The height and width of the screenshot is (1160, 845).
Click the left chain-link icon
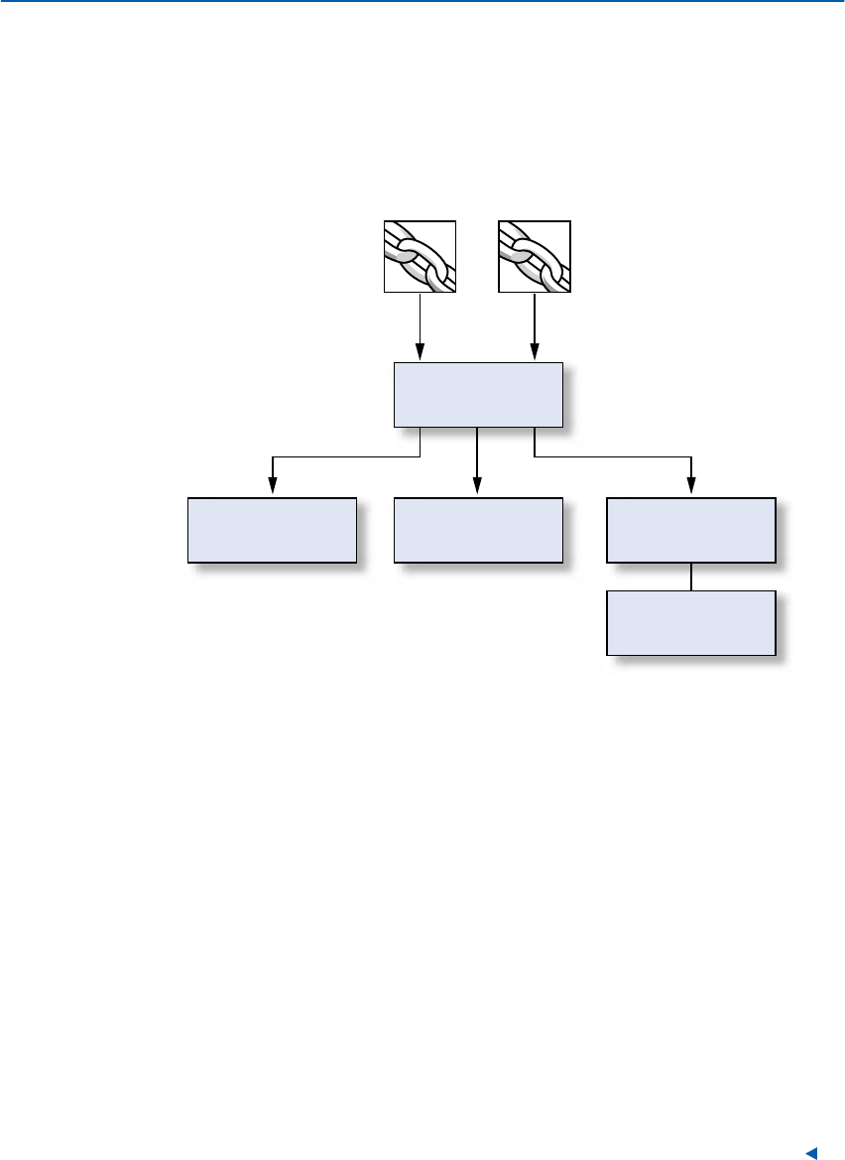tap(420, 257)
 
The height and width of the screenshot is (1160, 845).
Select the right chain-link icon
tap(535, 257)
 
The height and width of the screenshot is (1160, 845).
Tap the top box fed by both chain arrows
tap(478, 394)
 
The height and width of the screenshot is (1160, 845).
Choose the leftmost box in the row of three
tap(272, 530)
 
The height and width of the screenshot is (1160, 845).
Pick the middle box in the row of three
tap(478, 530)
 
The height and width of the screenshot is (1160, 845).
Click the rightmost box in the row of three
tap(690, 530)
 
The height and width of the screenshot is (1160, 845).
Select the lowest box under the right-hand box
tap(690, 622)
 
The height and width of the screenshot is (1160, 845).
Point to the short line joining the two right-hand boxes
tap(690, 577)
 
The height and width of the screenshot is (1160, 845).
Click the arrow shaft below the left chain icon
tap(420, 318)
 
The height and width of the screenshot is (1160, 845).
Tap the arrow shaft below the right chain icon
tap(535, 318)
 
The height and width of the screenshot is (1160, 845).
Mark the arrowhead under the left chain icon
tap(420, 351)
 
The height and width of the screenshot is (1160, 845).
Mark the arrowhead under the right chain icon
tap(535, 351)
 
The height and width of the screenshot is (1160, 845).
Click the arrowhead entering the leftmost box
tap(272, 486)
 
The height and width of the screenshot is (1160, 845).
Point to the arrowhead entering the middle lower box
tap(478, 486)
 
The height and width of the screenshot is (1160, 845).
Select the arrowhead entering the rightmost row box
tap(690, 486)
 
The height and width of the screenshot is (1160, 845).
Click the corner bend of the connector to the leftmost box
tap(273, 457)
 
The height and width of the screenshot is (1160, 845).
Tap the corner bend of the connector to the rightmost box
tap(690, 457)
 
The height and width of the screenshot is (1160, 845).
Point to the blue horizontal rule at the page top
tap(422, 3)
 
